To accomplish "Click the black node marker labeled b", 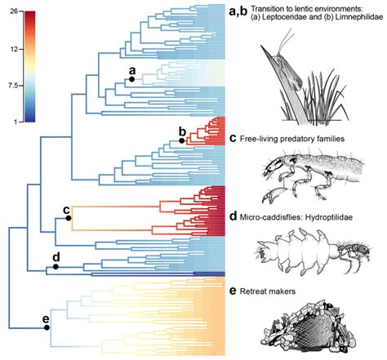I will click(x=182, y=141).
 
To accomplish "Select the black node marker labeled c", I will click(x=69, y=218).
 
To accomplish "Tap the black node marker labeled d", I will click(x=56, y=266).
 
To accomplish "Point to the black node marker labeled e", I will click(x=47, y=327).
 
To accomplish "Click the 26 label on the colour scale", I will click(x=15, y=11).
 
